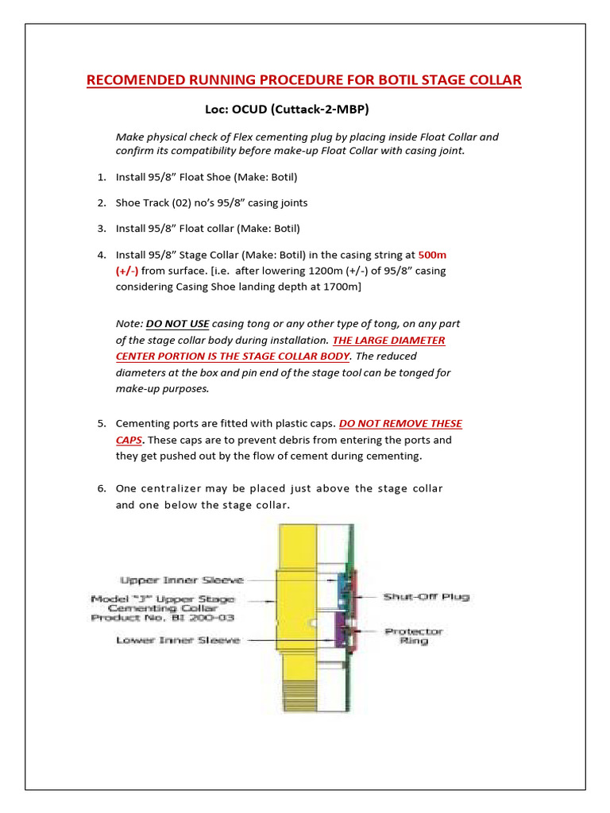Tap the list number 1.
(x=102, y=177)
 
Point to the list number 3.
(x=102, y=229)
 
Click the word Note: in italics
(x=129, y=324)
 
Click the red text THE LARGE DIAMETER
(x=382, y=340)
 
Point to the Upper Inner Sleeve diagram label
(x=182, y=580)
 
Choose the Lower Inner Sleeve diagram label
(x=178, y=640)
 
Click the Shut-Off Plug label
(x=426, y=596)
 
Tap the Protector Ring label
(x=414, y=636)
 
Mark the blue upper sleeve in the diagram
(x=343, y=585)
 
